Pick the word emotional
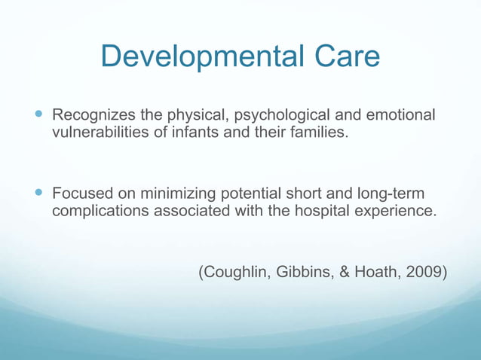click(x=400, y=116)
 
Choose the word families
click(x=314, y=134)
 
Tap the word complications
click(x=101, y=212)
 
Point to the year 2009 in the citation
click(x=424, y=272)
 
